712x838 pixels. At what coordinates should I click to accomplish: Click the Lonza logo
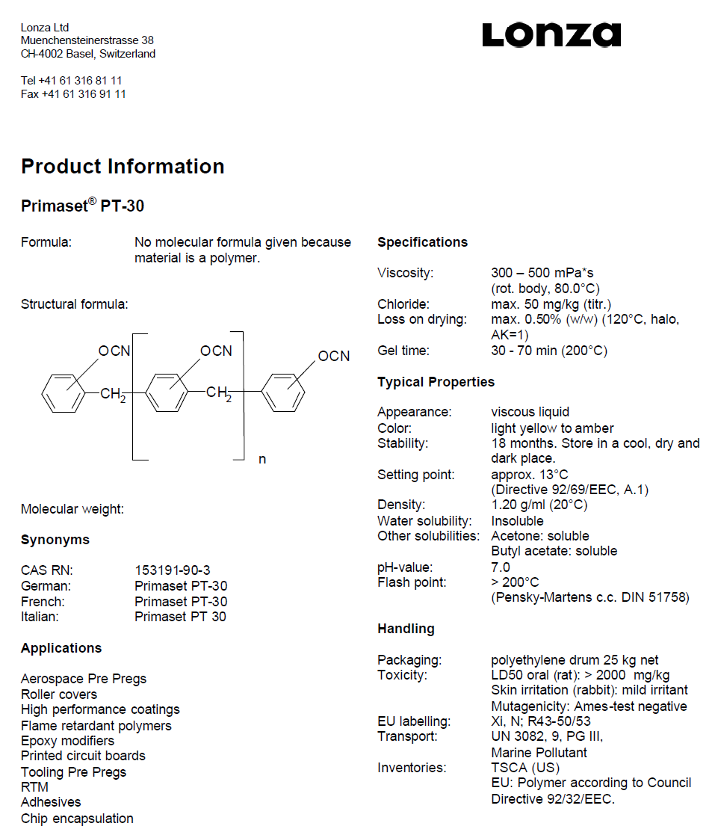tap(551, 34)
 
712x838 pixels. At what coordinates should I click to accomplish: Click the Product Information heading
tap(123, 166)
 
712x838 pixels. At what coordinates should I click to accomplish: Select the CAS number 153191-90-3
tap(173, 570)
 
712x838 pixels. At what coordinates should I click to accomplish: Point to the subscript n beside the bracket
tap(262, 459)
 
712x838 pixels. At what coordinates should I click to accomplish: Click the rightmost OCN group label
tap(334, 356)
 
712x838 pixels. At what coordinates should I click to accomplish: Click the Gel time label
tap(403, 351)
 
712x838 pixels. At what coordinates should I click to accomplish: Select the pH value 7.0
tap(501, 567)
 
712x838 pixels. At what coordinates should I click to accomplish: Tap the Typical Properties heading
tap(436, 382)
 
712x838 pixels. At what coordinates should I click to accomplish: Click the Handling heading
tap(406, 629)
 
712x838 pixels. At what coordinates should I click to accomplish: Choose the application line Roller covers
tap(59, 694)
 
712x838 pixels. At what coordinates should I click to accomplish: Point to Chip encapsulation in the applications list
tap(77, 819)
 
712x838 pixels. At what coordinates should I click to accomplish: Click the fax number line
tap(73, 94)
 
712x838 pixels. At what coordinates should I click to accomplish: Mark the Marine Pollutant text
tap(539, 753)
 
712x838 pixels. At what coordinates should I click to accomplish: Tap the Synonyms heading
tap(55, 540)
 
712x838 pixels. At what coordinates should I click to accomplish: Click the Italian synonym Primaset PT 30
tap(180, 617)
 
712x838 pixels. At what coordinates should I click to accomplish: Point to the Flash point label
tap(411, 582)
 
